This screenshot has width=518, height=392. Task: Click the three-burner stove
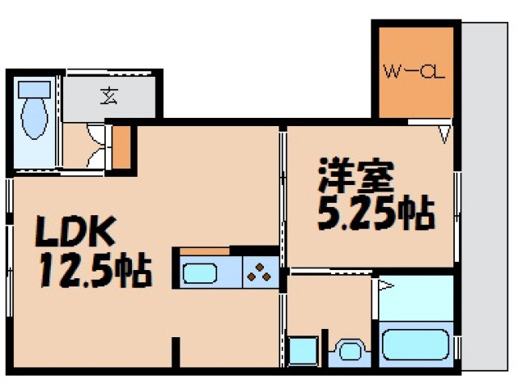tap(261, 272)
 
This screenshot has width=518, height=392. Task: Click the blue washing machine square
tap(303, 351)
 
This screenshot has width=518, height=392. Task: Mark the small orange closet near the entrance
tap(121, 147)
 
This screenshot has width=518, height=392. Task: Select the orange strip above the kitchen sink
tap(204, 250)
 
